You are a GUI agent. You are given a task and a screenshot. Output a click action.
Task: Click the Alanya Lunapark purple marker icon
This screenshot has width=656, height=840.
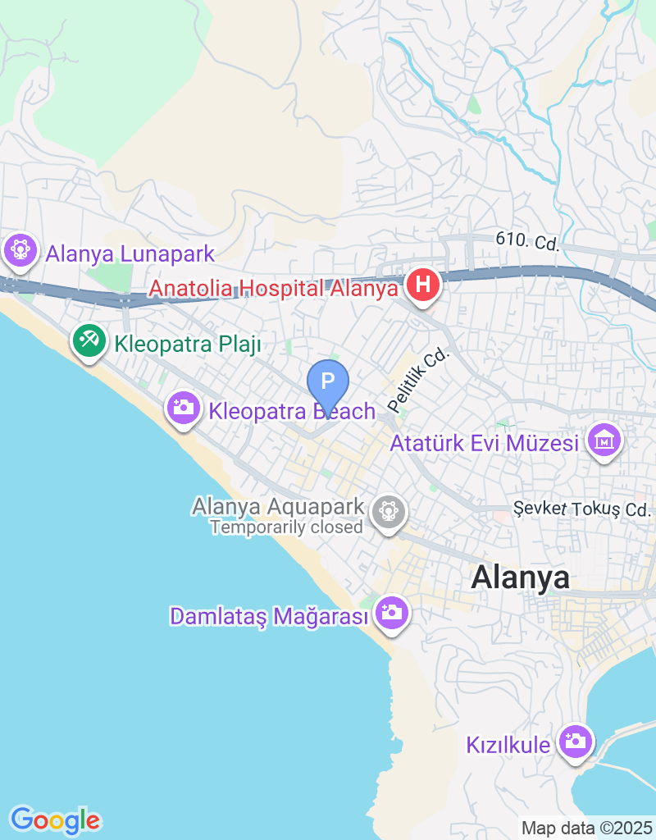pyautogui.click(x=20, y=249)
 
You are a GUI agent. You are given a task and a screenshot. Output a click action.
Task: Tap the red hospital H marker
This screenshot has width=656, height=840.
pyautogui.click(x=423, y=286)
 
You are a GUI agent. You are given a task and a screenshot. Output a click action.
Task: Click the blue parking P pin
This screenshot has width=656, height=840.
pyautogui.click(x=328, y=381)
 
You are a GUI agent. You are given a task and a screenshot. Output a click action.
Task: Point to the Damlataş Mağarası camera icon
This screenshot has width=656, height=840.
pyautogui.click(x=391, y=612)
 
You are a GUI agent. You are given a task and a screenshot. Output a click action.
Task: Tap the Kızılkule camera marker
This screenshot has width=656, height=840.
pyautogui.click(x=575, y=742)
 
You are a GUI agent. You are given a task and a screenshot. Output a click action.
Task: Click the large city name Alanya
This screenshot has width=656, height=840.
pyautogui.click(x=520, y=577)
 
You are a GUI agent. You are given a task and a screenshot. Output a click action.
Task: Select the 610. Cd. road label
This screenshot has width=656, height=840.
pyautogui.click(x=526, y=241)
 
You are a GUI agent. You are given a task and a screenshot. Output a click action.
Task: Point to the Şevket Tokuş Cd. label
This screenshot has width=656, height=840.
pyautogui.click(x=581, y=509)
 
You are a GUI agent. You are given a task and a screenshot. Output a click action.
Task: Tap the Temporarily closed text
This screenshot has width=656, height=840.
pyautogui.click(x=286, y=527)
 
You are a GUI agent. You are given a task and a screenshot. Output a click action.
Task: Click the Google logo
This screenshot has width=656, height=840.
pyautogui.click(x=55, y=819)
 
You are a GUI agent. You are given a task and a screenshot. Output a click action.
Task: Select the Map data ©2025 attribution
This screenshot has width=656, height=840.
pyautogui.click(x=586, y=829)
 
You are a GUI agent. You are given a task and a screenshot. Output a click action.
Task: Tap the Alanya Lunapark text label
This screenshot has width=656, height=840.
pyautogui.click(x=130, y=253)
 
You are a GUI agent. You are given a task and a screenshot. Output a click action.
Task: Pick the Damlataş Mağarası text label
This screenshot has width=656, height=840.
pyautogui.click(x=268, y=616)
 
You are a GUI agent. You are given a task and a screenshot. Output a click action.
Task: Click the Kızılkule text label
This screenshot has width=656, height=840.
pyautogui.click(x=508, y=746)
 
